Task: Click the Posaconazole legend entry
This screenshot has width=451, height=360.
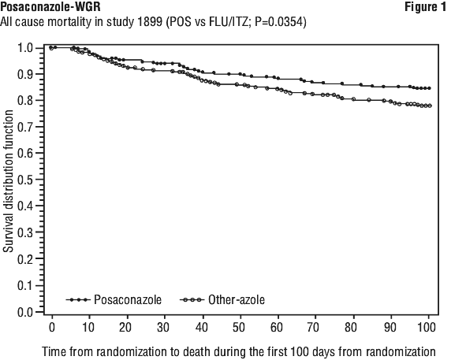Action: click(x=114, y=299)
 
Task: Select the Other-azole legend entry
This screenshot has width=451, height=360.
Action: click(x=222, y=299)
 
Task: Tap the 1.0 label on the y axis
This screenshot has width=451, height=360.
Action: click(x=27, y=48)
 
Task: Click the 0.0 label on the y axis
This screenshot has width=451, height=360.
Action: click(x=27, y=312)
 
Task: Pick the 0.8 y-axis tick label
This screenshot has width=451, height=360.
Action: click(x=27, y=100)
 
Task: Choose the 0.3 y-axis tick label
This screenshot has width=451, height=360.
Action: click(x=27, y=232)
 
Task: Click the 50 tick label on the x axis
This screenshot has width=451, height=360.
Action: click(x=238, y=327)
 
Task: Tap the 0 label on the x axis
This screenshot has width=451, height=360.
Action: click(x=52, y=327)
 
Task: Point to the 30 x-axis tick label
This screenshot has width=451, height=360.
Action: click(x=163, y=327)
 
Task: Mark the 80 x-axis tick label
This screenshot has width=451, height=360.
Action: click(x=351, y=327)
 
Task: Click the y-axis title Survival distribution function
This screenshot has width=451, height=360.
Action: click(x=9, y=181)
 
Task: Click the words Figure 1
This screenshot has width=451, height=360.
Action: click(x=426, y=6)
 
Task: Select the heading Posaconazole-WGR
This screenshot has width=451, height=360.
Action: click(x=50, y=6)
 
